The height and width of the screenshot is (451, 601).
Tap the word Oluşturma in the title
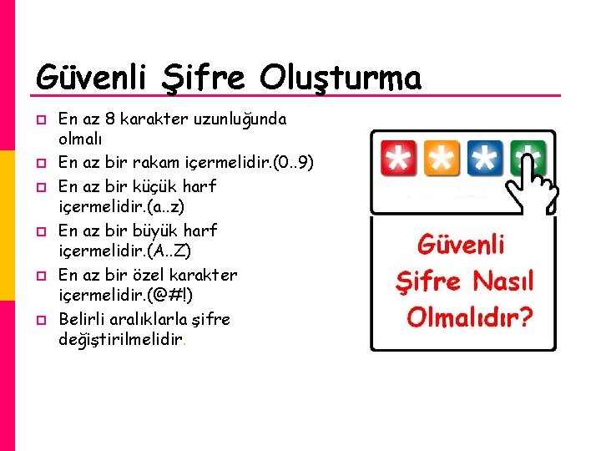[x=341, y=79]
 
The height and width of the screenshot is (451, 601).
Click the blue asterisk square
[x=484, y=158]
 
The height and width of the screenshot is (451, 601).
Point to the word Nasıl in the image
[x=502, y=281]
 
